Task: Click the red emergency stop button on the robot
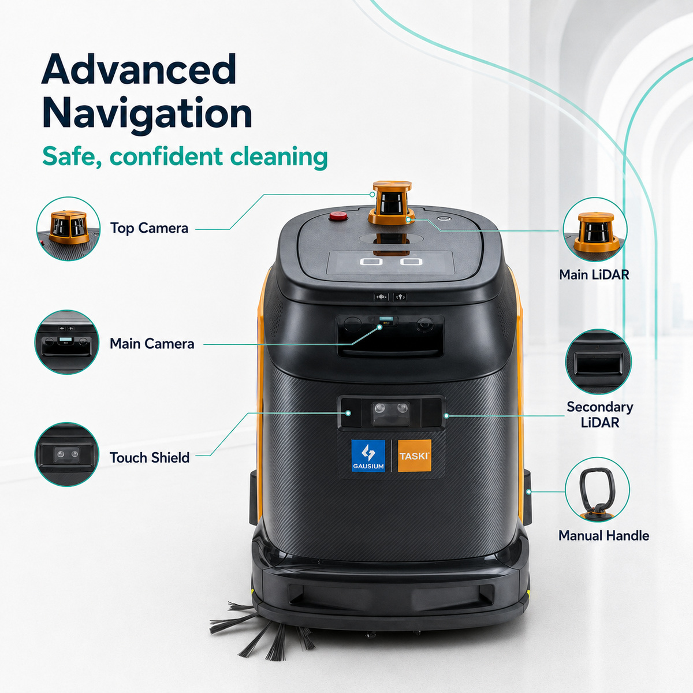click(338, 216)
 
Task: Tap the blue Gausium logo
click(368, 456)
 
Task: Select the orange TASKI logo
click(414, 456)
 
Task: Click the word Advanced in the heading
click(139, 69)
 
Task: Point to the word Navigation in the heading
click(147, 114)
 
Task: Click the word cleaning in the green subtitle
click(279, 157)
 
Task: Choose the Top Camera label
click(149, 228)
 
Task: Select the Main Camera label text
click(152, 344)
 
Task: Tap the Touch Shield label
click(150, 457)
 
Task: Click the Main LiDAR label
click(594, 275)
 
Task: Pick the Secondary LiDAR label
click(600, 415)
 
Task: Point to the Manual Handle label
click(604, 535)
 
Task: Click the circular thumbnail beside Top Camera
click(68, 229)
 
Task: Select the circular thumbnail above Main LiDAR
click(595, 229)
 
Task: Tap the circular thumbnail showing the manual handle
click(597, 489)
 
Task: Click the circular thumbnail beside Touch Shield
click(66, 454)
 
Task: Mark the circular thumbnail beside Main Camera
click(66, 342)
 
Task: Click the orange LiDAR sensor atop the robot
click(392, 203)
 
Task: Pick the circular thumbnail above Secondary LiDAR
click(598, 362)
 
